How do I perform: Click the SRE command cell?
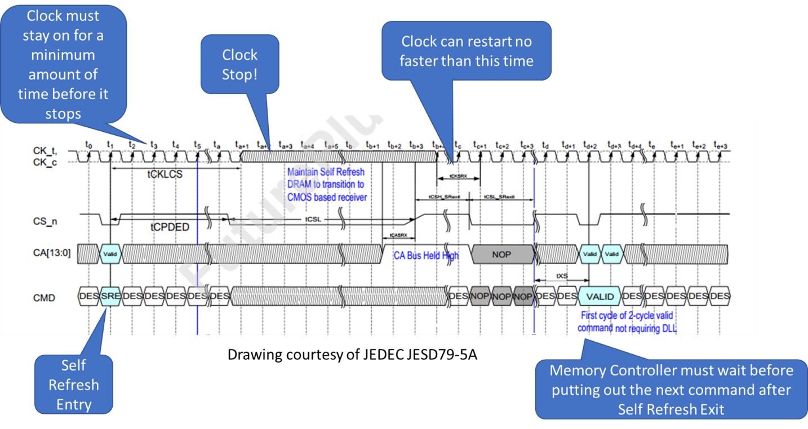point(110,296)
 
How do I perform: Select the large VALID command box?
point(600,296)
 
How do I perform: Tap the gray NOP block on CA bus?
point(501,254)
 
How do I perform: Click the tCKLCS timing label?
point(165,175)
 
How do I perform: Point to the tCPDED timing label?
point(170,227)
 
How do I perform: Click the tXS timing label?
point(562,276)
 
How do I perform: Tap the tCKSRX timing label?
point(458,176)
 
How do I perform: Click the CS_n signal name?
point(45,221)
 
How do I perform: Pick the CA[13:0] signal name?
point(51,253)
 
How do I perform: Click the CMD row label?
point(45,297)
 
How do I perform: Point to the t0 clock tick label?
point(88,145)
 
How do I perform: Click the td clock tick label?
point(545,145)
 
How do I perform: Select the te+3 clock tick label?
point(721,145)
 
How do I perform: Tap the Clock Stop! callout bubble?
point(240,64)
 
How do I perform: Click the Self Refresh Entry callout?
point(74,385)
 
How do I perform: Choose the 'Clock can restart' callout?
point(467,51)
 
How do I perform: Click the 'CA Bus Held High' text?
point(426,256)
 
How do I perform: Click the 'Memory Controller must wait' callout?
point(671,390)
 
